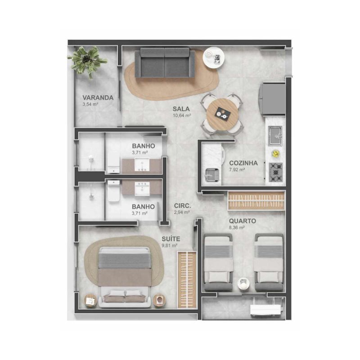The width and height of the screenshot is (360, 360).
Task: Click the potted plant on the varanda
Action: coord(87,61)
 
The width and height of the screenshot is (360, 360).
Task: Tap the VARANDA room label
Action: coord(98,98)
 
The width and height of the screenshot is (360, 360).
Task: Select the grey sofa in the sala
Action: coord(165,63)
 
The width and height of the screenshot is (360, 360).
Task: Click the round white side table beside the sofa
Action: coord(213,58)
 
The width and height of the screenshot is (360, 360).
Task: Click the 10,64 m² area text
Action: coord(182,115)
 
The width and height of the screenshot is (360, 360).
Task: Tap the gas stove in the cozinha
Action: coord(275,172)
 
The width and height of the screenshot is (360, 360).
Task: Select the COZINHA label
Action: coord(243,163)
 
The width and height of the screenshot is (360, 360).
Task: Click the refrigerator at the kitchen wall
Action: coord(272,99)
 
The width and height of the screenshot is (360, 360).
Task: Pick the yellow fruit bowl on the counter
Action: coord(275,153)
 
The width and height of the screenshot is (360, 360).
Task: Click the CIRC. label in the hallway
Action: coord(183,206)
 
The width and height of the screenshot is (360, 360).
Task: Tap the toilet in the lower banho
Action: coord(114,190)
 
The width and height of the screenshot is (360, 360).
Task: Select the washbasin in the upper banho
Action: coord(142,165)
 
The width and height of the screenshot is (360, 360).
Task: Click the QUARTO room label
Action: coord(243,221)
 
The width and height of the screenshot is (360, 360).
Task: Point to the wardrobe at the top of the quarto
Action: coord(256,200)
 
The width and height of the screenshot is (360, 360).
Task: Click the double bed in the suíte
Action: coord(125,277)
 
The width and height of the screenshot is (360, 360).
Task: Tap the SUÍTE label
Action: coord(171,239)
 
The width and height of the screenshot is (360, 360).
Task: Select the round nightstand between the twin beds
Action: coord(243,283)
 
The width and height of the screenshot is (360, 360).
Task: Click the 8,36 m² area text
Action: coord(237,228)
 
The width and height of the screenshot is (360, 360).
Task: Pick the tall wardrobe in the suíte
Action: coord(187,279)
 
